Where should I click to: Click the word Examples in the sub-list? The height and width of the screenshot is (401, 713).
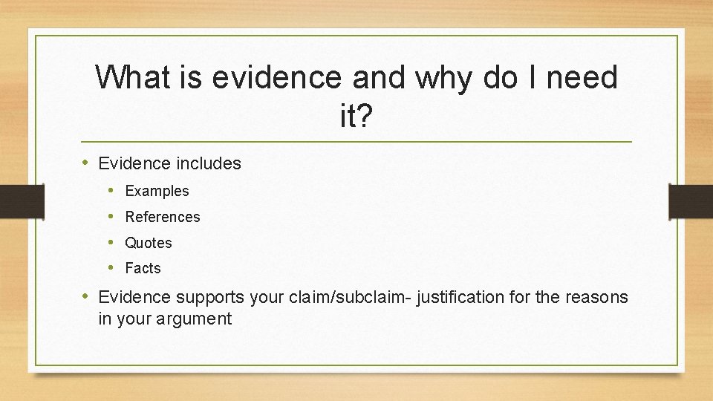[157, 191]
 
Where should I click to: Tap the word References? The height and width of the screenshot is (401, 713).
[163, 217]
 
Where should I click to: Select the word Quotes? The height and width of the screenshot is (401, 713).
[149, 243]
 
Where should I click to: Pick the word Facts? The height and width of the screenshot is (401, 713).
[143, 268]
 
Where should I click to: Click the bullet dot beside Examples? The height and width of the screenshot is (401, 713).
[110, 191]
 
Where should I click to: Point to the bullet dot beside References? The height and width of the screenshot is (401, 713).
[110, 217]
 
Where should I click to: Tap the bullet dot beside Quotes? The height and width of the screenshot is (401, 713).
[110, 243]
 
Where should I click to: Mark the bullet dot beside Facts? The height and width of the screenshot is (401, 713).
[110, 268]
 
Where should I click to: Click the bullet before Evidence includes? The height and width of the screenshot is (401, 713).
[86, 163]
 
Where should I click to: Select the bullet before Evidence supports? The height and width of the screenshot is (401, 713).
[86, 297]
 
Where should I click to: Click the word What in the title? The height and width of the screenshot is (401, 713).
[131, 77]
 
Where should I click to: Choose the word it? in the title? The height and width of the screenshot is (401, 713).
[356, 117]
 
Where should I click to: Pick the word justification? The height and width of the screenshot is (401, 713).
[460, 298]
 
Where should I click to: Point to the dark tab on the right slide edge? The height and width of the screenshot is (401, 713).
[691, 201]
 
